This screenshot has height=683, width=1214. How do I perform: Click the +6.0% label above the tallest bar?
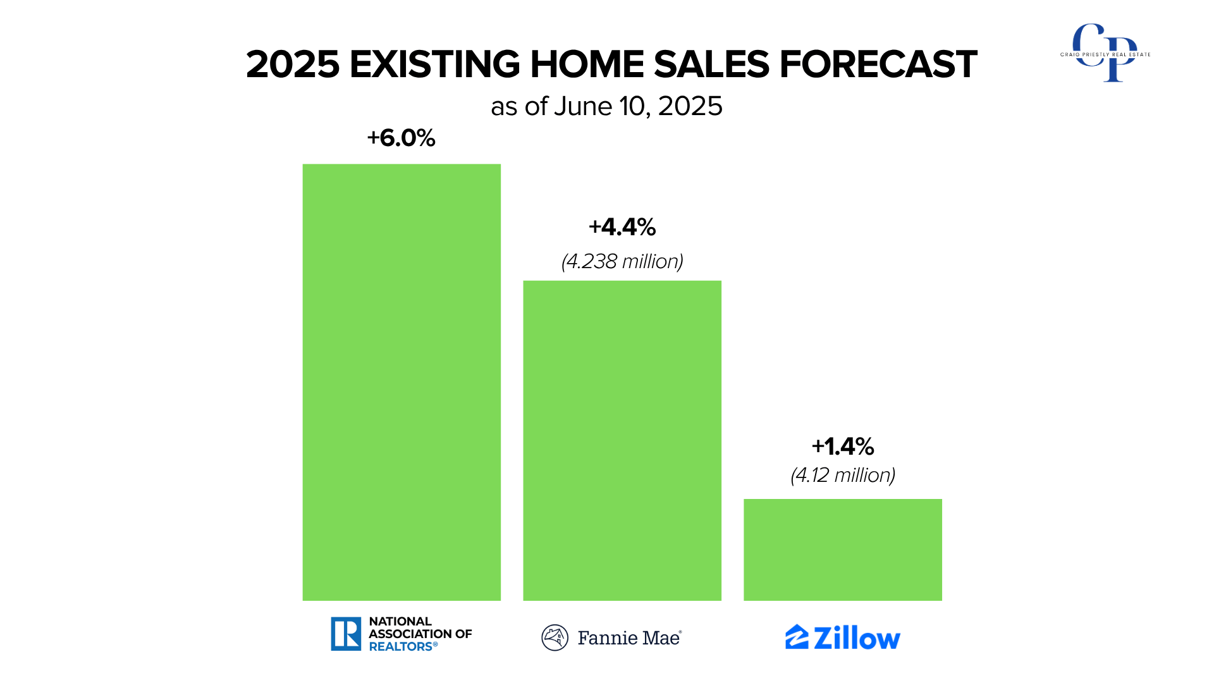[402, 138]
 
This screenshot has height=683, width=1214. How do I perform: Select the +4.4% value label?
[622, 227]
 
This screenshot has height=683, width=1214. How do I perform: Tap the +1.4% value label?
[843, 446]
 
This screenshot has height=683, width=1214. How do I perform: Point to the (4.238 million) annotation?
[622, 261]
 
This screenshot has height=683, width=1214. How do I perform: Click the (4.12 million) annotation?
[843, 475]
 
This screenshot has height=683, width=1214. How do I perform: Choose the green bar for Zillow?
[843, 550]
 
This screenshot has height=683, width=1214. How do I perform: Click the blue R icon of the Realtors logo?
[346, 634]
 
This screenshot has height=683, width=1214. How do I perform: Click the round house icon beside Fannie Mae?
[555, 637]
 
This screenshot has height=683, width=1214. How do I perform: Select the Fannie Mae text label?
[629, 637]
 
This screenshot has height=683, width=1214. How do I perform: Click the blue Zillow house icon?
[797, 637]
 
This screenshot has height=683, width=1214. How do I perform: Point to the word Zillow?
[857, 637]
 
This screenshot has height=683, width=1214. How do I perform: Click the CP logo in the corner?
[1105, 53]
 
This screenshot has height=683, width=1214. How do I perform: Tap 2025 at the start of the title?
[293, 65]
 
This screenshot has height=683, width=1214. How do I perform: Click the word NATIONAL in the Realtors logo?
[400, 621]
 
